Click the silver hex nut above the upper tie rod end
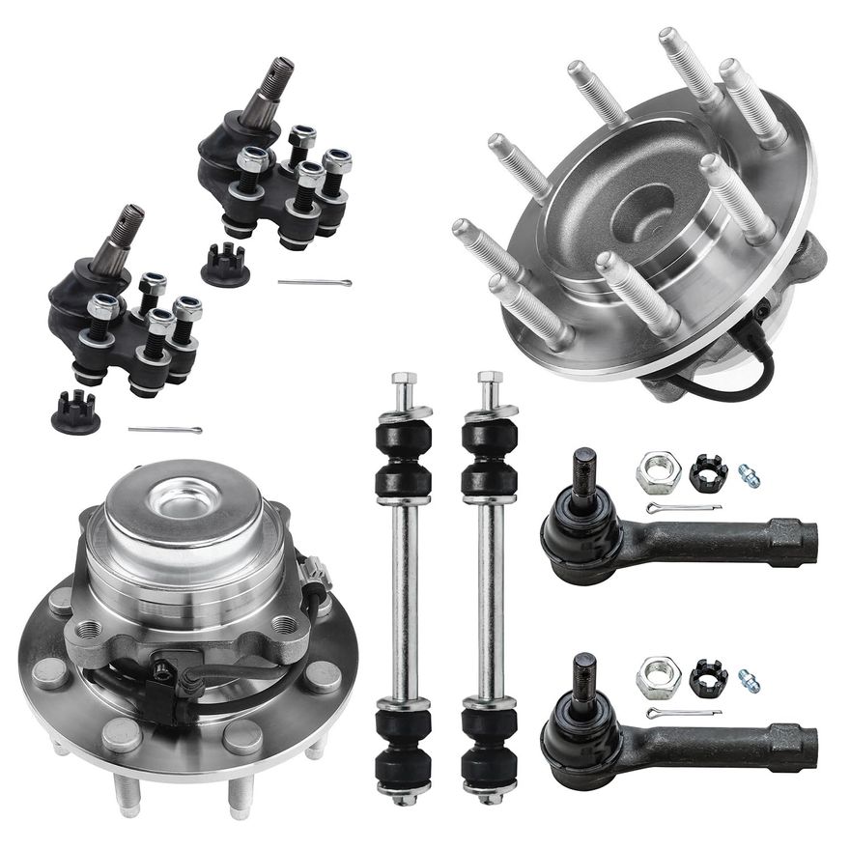click(659, 472)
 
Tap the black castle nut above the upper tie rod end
click(708, 472)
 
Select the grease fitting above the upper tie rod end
click(749, 476)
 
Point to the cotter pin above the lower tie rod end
click(684, 714)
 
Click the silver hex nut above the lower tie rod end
click(659, 677)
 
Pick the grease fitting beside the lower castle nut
click(749, 681)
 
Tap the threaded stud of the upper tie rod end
click(584, 472)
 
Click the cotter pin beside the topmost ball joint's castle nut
click(314, 282)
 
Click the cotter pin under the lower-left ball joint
click(164, 430)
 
